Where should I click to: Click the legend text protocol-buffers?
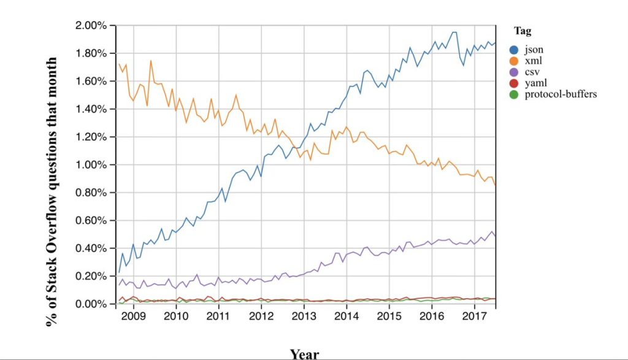561,94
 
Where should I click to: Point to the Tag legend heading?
523,31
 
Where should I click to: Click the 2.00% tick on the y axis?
91,26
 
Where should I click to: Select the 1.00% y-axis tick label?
91,165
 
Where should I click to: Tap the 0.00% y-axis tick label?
91,304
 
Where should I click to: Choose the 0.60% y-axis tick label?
91,221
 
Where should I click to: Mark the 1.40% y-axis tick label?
91,109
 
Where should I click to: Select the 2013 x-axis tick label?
304,317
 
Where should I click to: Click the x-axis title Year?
304,353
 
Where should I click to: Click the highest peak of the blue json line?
454,32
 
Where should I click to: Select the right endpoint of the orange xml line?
496,185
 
